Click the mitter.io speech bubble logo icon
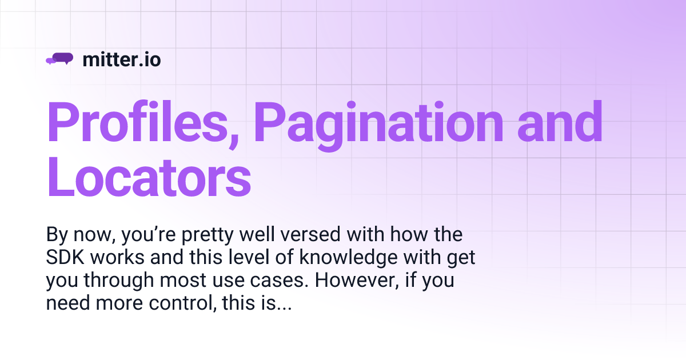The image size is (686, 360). [x=59, y=59]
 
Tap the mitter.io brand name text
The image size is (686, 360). [x=122, y=59]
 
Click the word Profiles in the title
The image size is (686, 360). [x=143, y=123]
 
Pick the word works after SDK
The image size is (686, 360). [x=118, y=258]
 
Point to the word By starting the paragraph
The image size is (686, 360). [x=55, y=235]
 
